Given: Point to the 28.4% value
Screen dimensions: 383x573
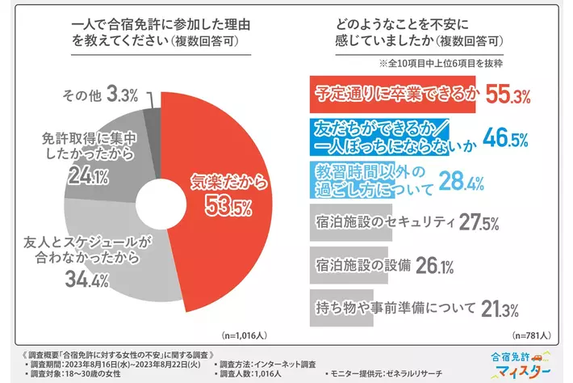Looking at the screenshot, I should pos(462,179).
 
